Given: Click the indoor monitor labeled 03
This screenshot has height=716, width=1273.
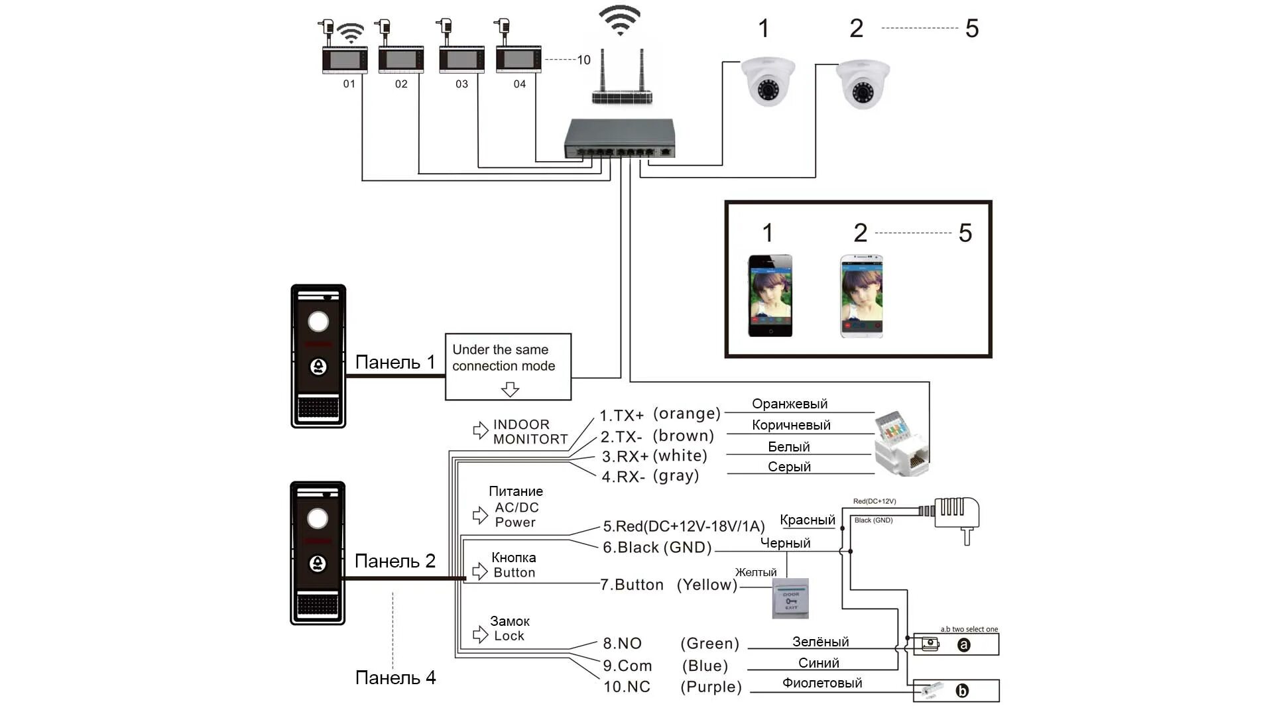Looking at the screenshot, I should click(x=461, y=60).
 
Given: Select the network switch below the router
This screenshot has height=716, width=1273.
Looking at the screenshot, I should click(x=619, y=139).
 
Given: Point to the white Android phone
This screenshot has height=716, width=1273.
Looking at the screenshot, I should click(x=861, y=296).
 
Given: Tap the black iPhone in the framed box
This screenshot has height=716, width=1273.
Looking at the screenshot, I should click(x=770, y=296).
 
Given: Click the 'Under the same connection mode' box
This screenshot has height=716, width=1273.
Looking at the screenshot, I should click(x=508, y=367).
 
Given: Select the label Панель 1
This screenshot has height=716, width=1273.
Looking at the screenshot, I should click(x=395, y=362).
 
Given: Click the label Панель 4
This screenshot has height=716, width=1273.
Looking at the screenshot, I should click(x=395, y=678).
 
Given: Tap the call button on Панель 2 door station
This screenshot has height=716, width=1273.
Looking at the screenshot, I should click(x=318, y=564).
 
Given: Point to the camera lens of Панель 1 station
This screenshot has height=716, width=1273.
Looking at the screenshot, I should click(x=318, y=322).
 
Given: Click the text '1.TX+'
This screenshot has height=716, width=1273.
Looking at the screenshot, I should click(x=621, y=416).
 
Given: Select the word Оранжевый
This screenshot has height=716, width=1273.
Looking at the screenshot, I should click(x=790, y=404).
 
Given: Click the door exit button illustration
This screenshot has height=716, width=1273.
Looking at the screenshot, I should click(x=790, y=599).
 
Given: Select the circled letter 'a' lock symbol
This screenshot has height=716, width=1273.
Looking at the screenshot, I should click(x=963, y=645).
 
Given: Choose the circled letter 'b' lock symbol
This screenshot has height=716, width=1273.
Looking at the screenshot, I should click(x=962, y=691).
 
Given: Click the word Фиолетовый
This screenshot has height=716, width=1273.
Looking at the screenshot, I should click(x=822, y=683).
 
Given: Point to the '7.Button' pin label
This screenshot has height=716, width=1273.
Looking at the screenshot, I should click(x=632, y=585).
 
